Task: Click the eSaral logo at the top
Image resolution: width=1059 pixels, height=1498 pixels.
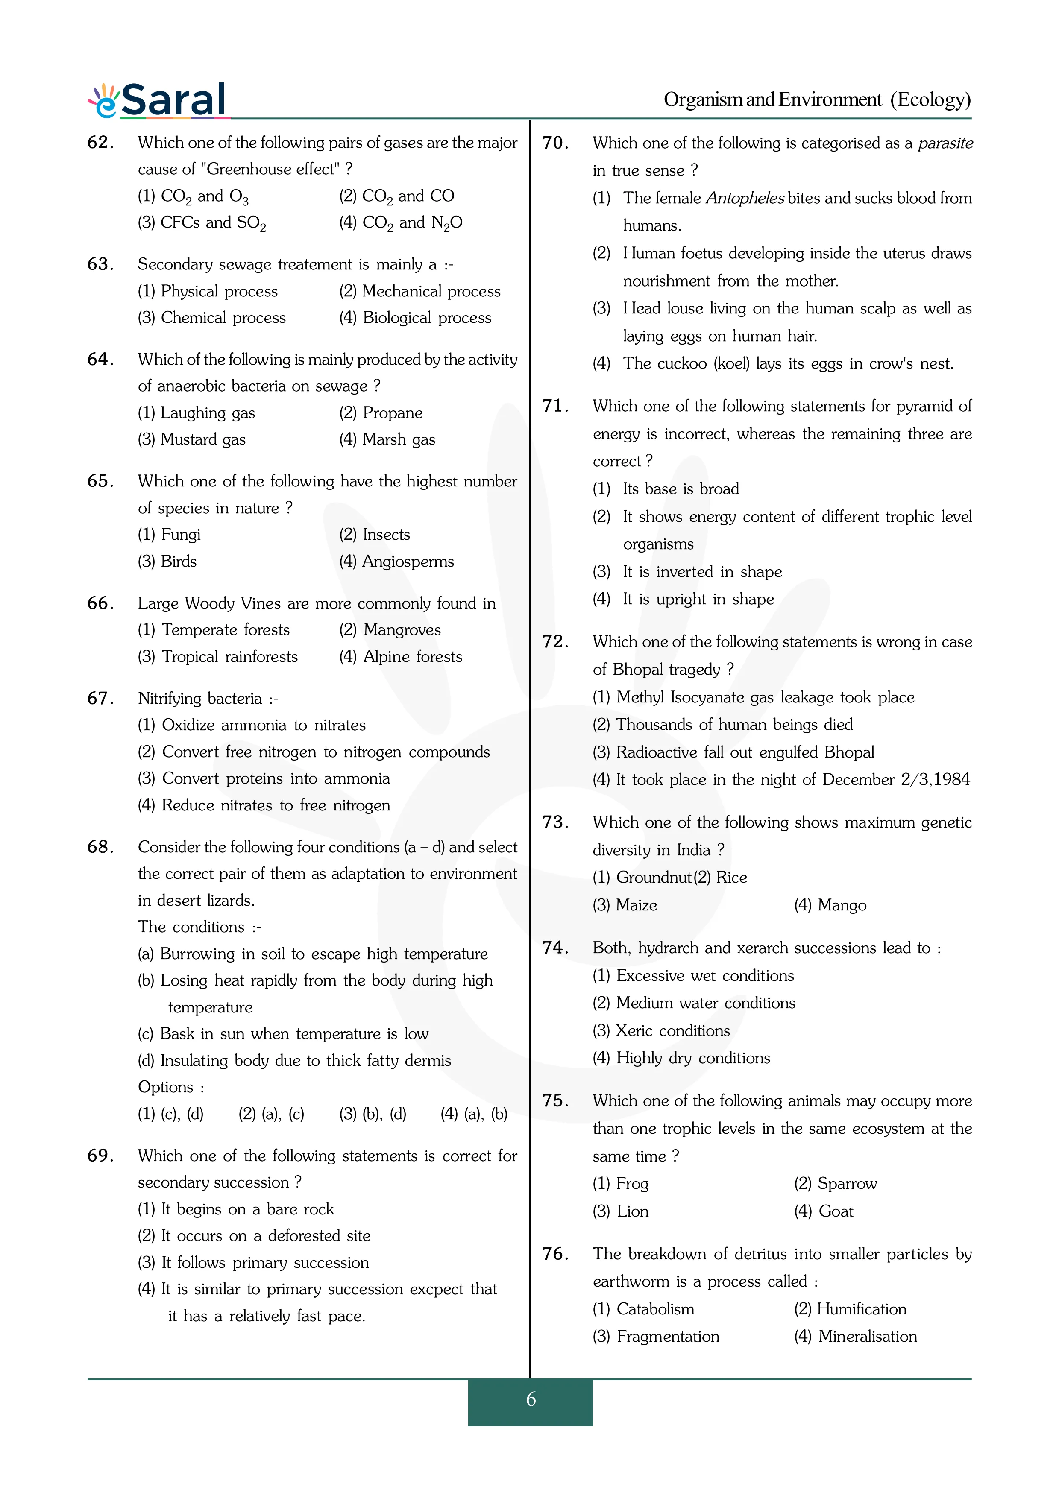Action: point(158,100)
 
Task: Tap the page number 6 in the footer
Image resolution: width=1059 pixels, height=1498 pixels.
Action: point(531,1399)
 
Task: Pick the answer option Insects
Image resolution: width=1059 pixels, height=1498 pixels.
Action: point(386,535)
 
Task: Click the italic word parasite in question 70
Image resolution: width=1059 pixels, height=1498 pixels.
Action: point(945,143)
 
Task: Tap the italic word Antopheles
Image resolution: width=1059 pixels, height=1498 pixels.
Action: point(745,198)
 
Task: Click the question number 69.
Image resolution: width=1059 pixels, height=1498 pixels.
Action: point(100,1156)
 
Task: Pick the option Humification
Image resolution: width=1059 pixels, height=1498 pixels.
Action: point(861,1309)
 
